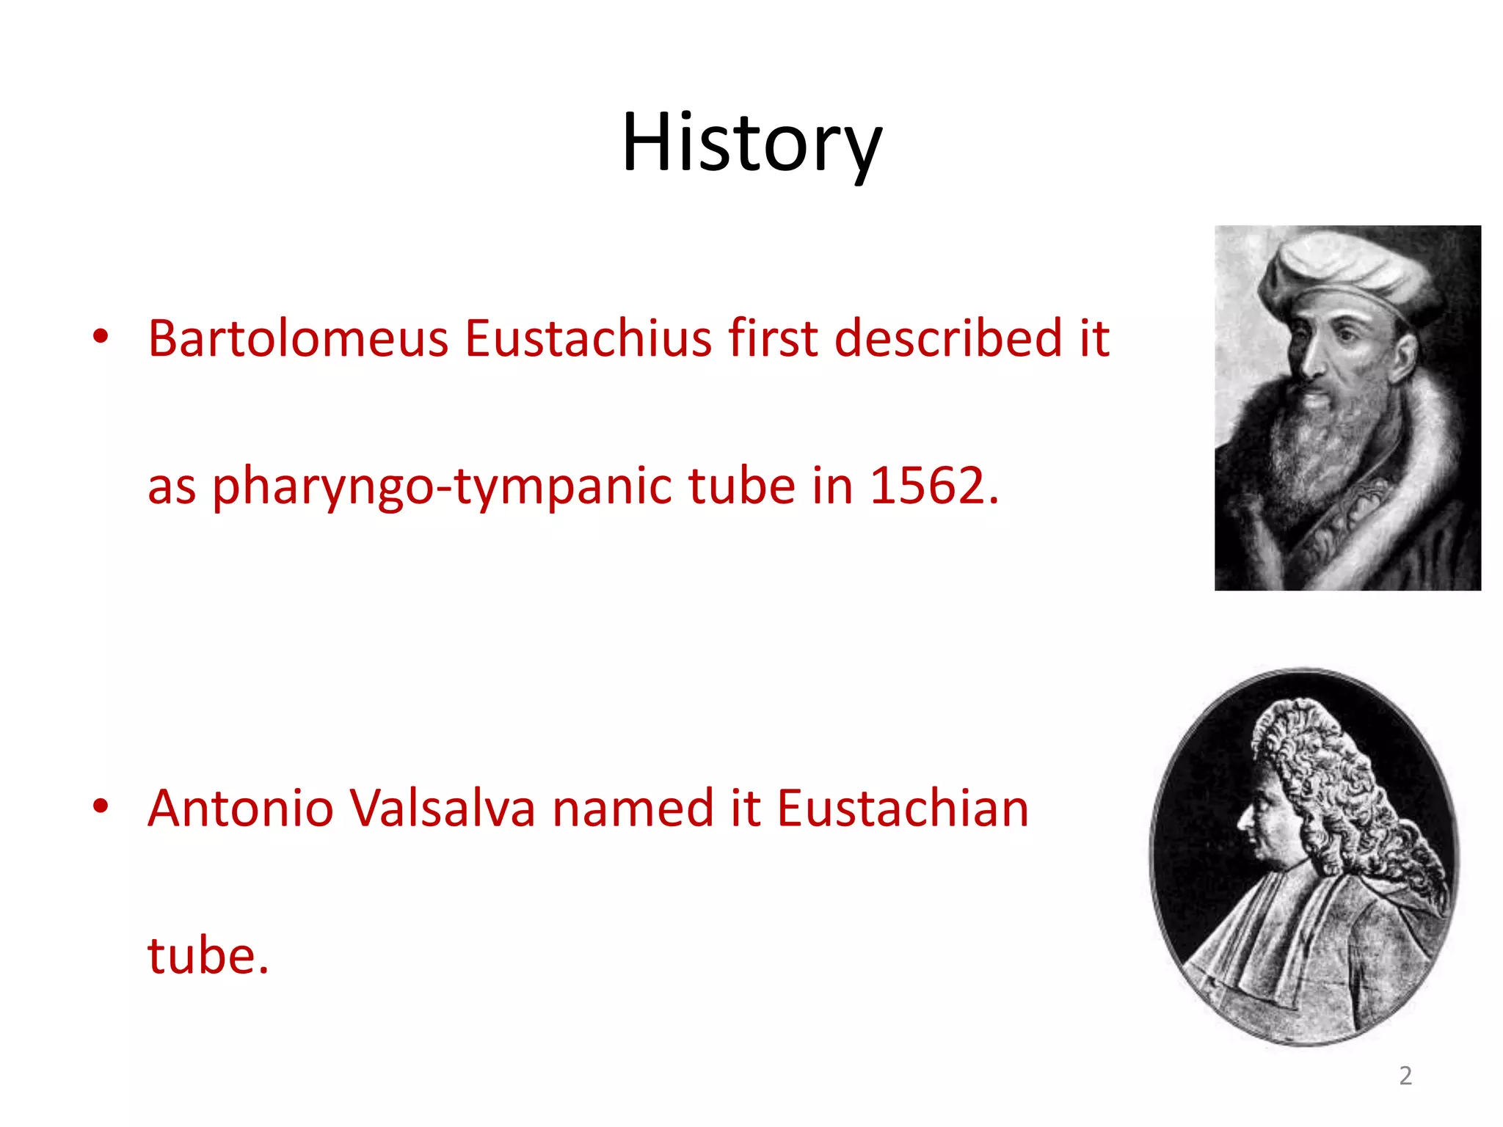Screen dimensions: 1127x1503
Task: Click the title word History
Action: [751, 142]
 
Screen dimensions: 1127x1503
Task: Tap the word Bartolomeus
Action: [298, 338]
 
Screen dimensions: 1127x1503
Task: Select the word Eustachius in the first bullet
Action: [588, 338]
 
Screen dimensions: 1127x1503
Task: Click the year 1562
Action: [933, 486]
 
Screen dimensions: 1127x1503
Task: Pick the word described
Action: [947, 338]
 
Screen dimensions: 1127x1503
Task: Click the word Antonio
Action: [241, 809]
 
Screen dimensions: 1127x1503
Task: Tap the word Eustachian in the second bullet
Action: [903, 809]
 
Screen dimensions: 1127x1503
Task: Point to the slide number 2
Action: [1405, 1076]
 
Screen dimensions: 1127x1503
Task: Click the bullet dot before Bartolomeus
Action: [101, 338]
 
